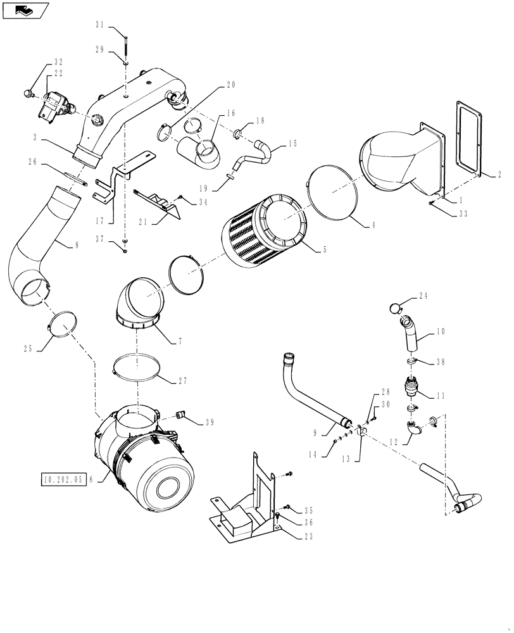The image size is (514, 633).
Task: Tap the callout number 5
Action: coord(325,249)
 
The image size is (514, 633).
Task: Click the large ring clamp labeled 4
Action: coord(335,192)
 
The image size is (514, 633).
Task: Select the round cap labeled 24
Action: coord(395,308)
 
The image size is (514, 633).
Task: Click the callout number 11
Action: coord(440,396)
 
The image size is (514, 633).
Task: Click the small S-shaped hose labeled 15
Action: coord(252,154)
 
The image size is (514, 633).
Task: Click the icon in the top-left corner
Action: coord(25,9)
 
